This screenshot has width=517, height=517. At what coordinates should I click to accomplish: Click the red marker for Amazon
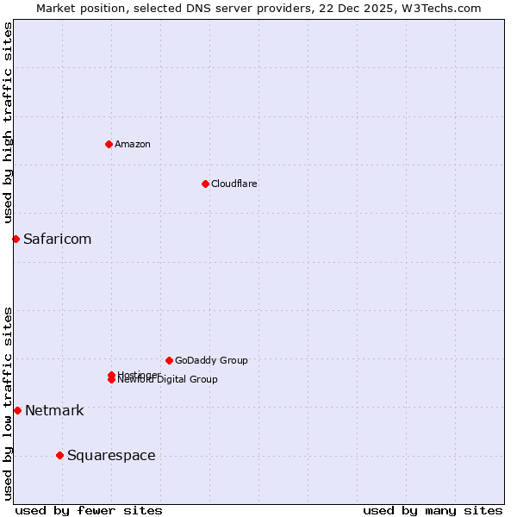coord(109,144)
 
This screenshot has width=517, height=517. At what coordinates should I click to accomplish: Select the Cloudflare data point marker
coord(205,184)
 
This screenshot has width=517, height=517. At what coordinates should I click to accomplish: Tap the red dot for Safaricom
coord(16,239)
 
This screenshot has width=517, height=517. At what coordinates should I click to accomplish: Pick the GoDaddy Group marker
coord(169,360)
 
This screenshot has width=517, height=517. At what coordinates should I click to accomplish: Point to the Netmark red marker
coord(17,410)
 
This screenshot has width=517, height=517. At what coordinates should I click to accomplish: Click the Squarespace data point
coord(59,455)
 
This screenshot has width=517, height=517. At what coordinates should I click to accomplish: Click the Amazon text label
coord(133,144)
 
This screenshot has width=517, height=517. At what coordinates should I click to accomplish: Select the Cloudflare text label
coord(234,184)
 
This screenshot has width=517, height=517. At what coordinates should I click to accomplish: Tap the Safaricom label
coord(57,239)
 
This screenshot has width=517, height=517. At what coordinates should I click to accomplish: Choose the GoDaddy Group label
coord(211,360)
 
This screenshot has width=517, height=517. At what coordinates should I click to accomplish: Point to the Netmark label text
coord(54,410)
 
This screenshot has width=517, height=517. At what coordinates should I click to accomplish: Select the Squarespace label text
coord(111,455)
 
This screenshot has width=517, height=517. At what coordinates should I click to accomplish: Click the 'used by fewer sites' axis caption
coord(89,510)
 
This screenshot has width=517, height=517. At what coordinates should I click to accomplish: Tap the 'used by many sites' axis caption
coord(433,510)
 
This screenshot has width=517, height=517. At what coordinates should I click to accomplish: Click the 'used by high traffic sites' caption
coord(8,122)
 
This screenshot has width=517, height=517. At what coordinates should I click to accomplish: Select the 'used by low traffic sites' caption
coord(8,402)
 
